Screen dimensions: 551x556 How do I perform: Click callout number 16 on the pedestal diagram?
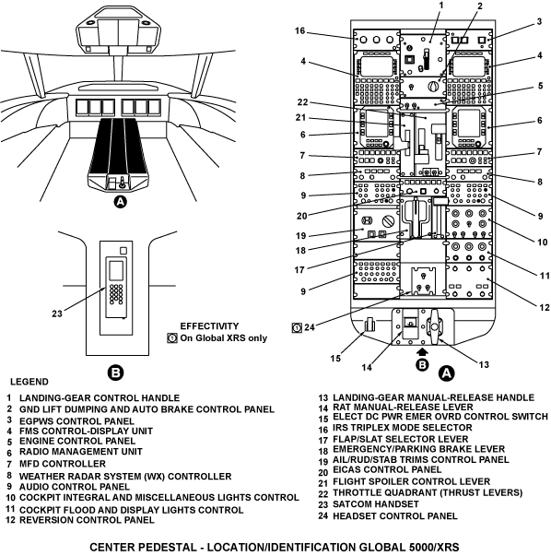point(299,30)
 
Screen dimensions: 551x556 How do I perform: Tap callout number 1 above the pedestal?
point(441,6)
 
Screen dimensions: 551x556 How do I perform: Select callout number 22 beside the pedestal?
point(302,102)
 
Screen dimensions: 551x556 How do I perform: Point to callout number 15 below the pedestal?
point(335,359)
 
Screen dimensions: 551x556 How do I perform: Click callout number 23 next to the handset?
point(57,313)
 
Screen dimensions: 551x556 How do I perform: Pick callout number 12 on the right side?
point(545,307)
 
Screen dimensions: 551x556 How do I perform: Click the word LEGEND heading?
point(29,382)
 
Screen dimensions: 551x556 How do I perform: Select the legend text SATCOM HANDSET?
point(376,503)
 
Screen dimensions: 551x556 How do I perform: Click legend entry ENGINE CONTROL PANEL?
point(77,441)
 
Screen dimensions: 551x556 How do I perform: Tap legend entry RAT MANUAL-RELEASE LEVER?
point(403,407)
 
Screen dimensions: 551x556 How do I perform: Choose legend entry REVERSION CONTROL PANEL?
point(87,520)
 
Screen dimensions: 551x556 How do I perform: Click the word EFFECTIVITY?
point(209,325)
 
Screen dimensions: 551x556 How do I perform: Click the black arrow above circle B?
point(422,351)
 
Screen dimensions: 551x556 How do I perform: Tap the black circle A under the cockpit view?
point(120,202)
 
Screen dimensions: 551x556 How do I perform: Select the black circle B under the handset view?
point(116,373)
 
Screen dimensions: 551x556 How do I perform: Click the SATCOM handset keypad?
point(116,294)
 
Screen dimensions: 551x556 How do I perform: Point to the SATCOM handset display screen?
point(116,270)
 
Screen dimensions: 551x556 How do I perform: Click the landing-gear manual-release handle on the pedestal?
point(434,325)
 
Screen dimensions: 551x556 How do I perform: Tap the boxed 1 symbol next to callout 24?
point(296,328)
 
